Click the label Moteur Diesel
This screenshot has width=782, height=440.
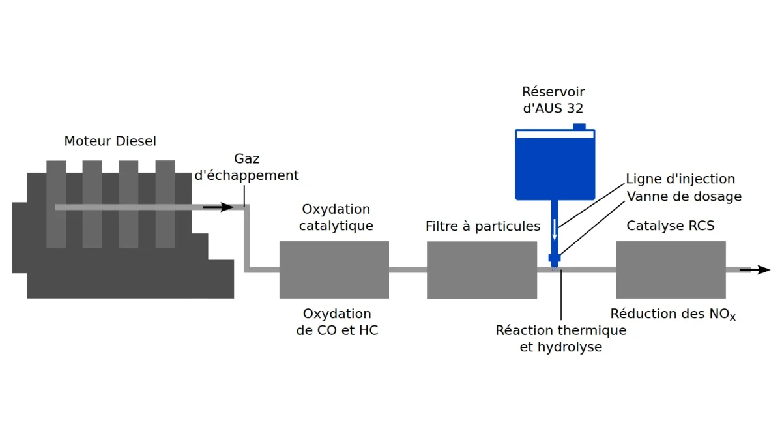click(110, 141)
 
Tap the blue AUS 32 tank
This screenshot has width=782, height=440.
click(555, 165)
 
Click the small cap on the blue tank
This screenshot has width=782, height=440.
click(579, 126)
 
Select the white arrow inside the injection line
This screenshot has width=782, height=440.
click(555, 229)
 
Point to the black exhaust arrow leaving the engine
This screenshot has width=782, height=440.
click(218, 207)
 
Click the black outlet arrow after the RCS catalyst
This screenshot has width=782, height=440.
click(755, 270)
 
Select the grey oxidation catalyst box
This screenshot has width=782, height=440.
click(334, 270)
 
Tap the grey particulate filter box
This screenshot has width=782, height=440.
click(482, 270)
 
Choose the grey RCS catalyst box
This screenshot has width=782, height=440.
click(671, 270)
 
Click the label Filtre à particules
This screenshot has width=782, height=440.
click(483, 226)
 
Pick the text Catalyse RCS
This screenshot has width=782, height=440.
click(671, 226)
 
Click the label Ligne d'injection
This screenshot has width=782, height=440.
click(680, 179)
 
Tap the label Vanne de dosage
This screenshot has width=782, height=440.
click(684, 196)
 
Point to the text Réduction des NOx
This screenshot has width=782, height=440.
click(673, 314)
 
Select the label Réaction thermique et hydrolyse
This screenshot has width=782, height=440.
click(561, 338)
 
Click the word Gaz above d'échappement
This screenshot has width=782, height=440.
click(246, 159)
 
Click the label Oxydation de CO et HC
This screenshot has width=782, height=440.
click(337, 321)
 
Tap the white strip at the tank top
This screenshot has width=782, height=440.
click(555, 134)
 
